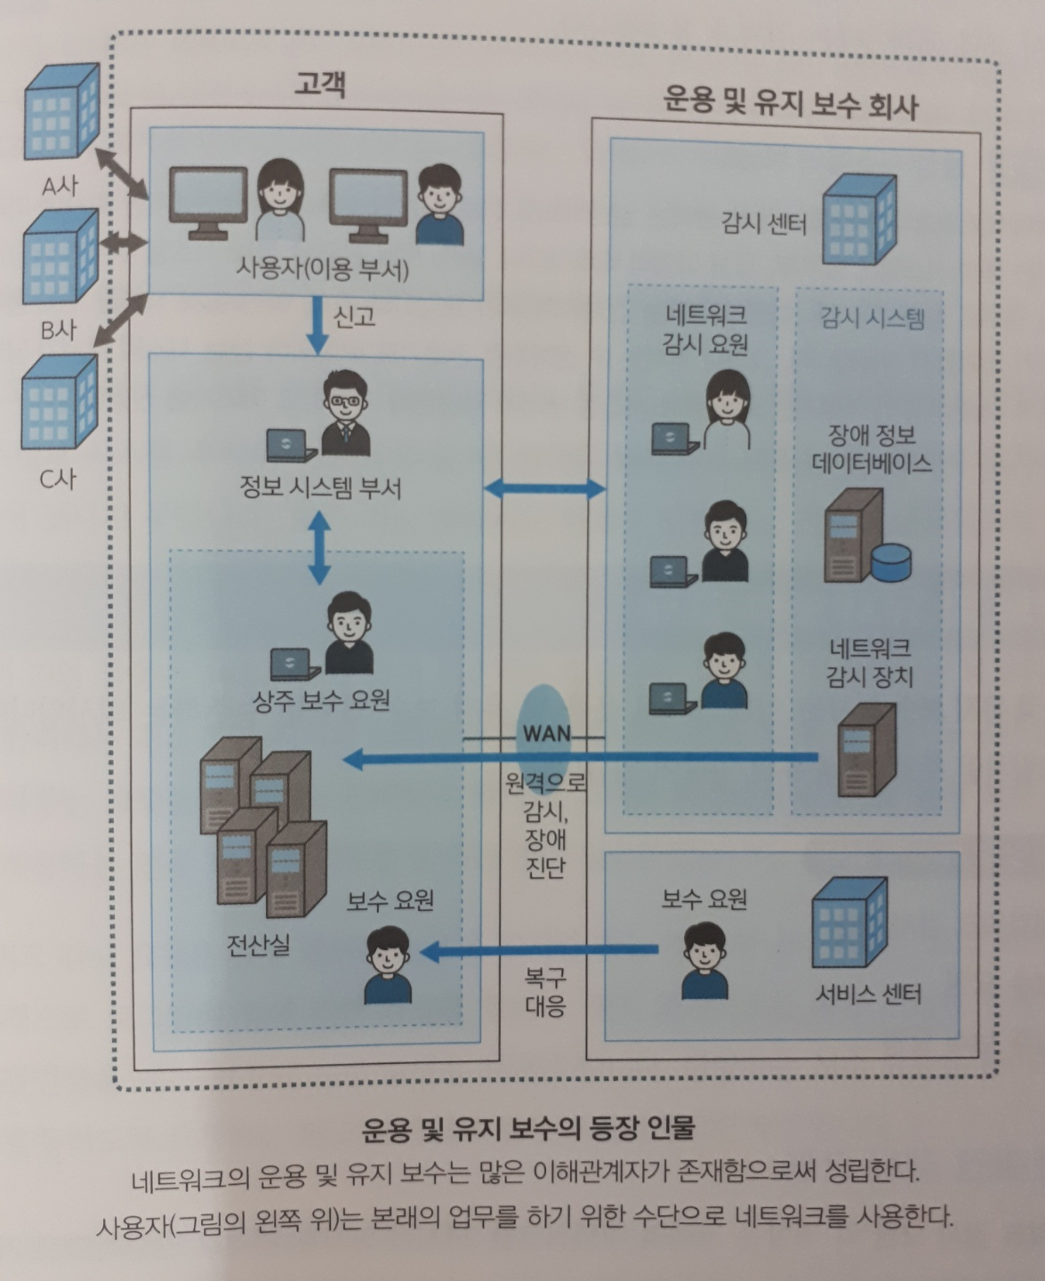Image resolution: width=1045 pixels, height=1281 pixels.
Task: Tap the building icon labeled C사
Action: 59,402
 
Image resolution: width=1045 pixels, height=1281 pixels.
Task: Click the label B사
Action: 58,331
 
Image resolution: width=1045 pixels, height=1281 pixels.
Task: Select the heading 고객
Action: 319,85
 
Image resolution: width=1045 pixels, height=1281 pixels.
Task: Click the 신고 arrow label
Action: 354,317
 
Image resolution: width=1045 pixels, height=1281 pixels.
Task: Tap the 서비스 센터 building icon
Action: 848,922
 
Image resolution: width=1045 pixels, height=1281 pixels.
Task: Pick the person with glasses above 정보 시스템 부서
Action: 344,412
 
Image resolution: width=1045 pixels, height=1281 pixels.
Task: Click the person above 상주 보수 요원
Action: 349,634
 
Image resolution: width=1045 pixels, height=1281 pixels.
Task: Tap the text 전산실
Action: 258,944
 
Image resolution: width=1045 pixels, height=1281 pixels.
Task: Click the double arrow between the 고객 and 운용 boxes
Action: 544,487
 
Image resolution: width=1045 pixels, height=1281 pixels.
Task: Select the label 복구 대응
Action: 545,993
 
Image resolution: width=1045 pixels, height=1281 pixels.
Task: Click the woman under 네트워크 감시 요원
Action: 727,411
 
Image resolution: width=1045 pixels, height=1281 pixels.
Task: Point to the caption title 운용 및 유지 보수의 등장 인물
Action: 528,1128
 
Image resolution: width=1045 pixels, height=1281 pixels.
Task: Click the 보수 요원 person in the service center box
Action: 704,961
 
